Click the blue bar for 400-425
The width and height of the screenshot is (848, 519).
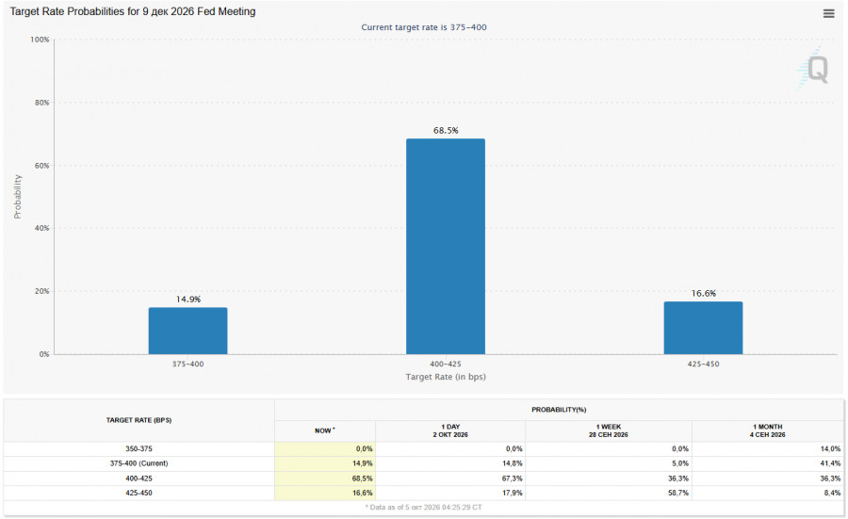pyautogui.click(x=446, y=247)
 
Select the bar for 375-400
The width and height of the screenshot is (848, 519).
pyautogui.click(x=188, y=331)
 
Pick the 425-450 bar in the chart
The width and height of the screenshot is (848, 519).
pyautogui.click(x=703, y=328)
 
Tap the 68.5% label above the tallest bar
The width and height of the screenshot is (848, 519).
pyautogui.click(x=446, y=130)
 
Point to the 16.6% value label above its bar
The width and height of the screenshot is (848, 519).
pyautogui.click(x=704, y=293)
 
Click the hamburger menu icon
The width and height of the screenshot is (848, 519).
pyautogui.click(x=828, y=13)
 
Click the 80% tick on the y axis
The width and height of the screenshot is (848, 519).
pyautogui.click(x=41, y=102)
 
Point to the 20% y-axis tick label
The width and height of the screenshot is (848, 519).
pyautogui.click(x=41, y=291)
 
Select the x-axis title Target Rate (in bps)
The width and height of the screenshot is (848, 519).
pyautogui.click(x=446, y=376)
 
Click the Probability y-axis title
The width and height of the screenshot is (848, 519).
pyautogui.click(x=18, y=196)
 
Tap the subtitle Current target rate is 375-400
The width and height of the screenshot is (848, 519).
pyautogui.click(x=424, y=27)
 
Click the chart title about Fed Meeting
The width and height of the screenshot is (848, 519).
pyautogui.click(x=133, y=11)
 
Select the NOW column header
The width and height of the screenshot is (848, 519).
pyautogui.click(x=324, y=430)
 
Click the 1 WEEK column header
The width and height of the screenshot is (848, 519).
pyautogui.click(x=609, y=430)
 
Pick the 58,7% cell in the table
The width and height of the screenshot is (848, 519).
pyautogui.click(x=677, y=493)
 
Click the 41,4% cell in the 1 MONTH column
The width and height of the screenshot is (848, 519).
pyautogui.click(x=830, y=463)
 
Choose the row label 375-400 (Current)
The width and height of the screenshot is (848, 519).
pyautogui.click(x=139, y=463)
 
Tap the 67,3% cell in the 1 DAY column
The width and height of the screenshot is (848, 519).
pyautogui.click(x=513, y=478)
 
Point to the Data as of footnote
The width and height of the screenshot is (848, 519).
pyautogui.click(x=423, y=507)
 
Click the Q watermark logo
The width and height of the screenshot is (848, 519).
pyautogui.click(x=814, y=69)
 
